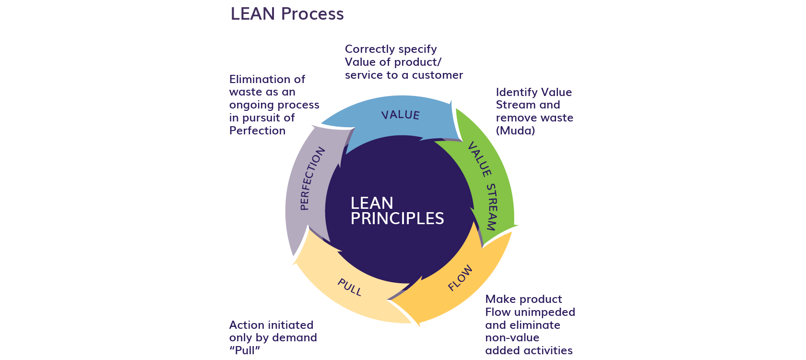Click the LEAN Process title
(x=287, y=14)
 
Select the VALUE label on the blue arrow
(x=400, y=115)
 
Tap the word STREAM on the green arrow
(x=492, y=207)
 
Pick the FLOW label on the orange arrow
(x=460, y=278)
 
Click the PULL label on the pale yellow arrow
(x=349, y=287)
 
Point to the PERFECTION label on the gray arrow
(x=312, y=179)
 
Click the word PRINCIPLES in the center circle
(x=397, y=219)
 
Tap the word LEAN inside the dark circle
(x=372, y=203)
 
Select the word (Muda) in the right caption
(x=515, y=131)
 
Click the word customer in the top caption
(x=438, y=75)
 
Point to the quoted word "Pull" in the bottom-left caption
(x=245, y=350)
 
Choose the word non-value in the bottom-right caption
(x=512, y=338)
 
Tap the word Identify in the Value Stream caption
(x=516, y=92)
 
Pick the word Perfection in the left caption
(x=257, y=131)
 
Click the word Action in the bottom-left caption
(x=245, y=325)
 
